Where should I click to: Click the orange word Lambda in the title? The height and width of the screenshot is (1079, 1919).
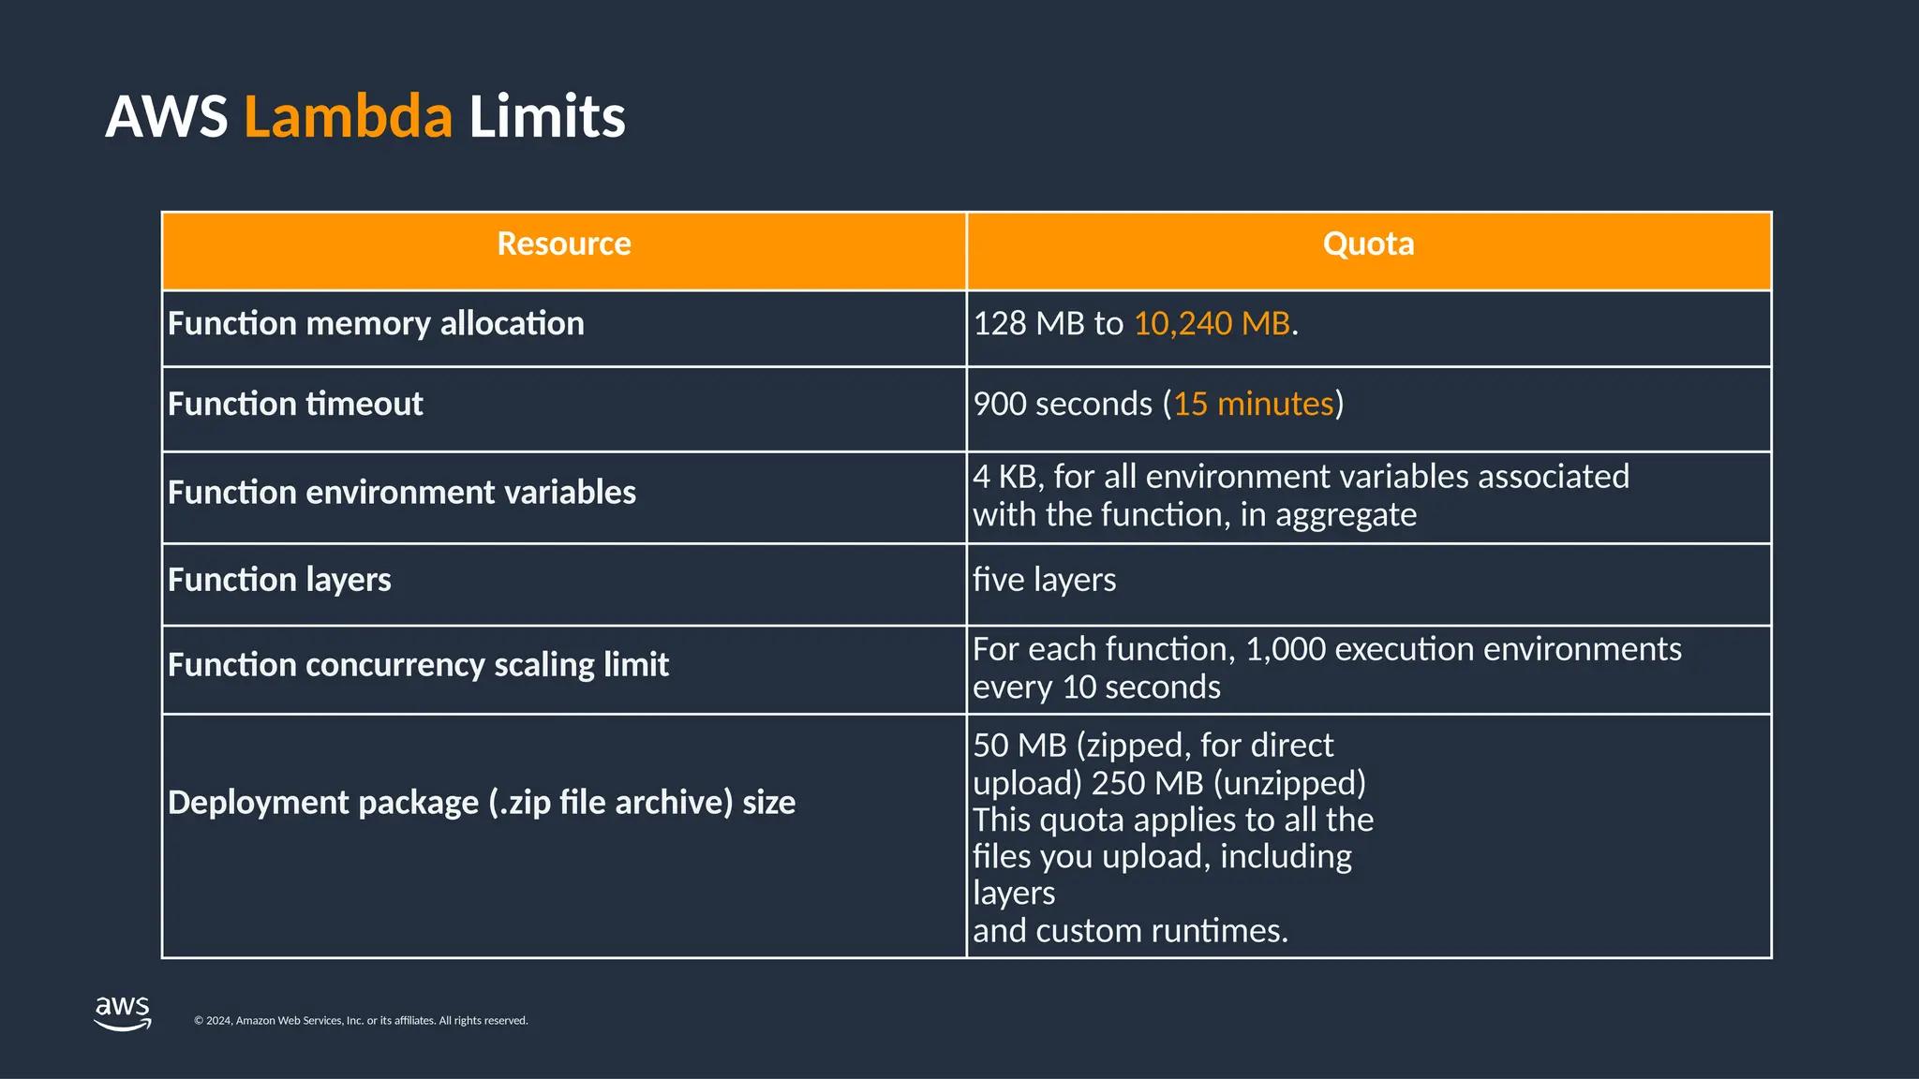348,117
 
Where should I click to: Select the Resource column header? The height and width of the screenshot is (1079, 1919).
563,244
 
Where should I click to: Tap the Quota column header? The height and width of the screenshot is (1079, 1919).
1368,244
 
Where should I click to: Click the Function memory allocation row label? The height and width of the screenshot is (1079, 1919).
376,324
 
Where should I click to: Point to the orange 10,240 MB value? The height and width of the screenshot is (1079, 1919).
1212,324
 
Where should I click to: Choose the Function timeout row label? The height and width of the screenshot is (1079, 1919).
295,405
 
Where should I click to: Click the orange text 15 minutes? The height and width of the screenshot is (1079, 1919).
1253,405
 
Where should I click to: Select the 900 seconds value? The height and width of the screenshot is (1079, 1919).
1063,405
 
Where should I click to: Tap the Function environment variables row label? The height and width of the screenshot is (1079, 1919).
401,493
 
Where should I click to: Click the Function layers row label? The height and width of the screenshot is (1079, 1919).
279,581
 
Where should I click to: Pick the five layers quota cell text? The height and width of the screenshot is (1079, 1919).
1044,581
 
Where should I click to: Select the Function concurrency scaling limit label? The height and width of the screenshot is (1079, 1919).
418,665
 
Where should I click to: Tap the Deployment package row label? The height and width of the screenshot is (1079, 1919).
481,803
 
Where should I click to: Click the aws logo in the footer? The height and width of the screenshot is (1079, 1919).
123,1012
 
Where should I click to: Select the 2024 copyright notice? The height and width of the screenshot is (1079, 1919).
361,1021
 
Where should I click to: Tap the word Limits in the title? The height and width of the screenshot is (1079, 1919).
546,117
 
